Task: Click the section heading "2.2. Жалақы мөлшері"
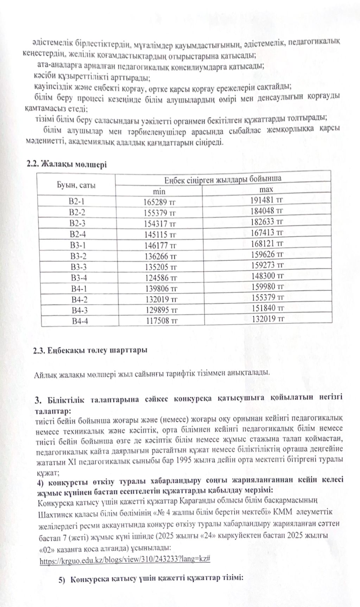pyautogui.click(x=67, y=164)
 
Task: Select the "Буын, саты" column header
pyautogui.click(x=76, y=185)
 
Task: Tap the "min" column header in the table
pyautogui.click(x=159, y=192)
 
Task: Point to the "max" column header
pyautogui.click(x=266, y=189)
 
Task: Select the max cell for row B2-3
pyautogui.click(x=267, y=222)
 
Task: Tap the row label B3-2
pyautogui.click(x=78, y=256)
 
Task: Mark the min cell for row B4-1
pyautogui.click(x=161, y=289)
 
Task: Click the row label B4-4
pyautogui.click(x=80, y=321)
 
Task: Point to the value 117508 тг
pyautogui.click(x=162, y=321)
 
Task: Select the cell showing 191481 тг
pyautogui.click(x=266, y=200)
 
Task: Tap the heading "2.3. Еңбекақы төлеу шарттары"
pyautogui.click(x=90, y=351)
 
